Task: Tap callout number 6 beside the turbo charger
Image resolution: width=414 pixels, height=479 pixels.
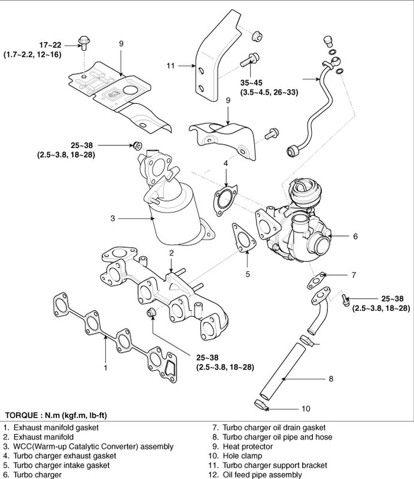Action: point(355,237)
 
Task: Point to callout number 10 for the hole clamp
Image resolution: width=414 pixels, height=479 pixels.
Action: point(305,409)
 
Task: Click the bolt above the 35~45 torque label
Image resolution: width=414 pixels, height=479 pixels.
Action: point(250,60)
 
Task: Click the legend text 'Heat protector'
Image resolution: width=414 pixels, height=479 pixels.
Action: point(247,447)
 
